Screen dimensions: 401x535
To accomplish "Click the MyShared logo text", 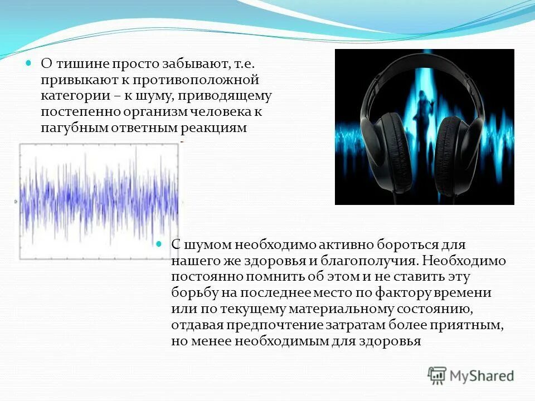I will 482,376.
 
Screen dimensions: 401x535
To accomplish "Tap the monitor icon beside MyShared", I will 437,375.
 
